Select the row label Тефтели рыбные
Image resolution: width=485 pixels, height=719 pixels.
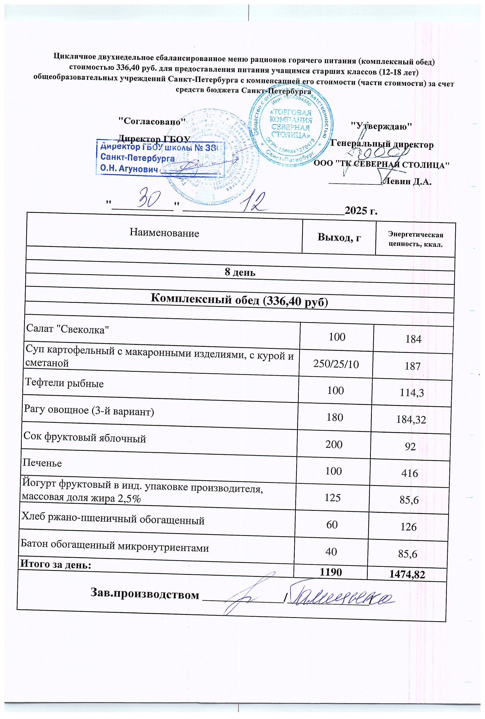coord(64,383)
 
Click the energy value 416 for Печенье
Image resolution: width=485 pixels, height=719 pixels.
coord(410,473)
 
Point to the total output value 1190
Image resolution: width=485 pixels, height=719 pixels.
coord(331,572)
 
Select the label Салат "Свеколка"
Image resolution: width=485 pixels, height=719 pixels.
coord(67,329)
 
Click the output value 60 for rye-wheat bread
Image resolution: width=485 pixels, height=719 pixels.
coord(332,524)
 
